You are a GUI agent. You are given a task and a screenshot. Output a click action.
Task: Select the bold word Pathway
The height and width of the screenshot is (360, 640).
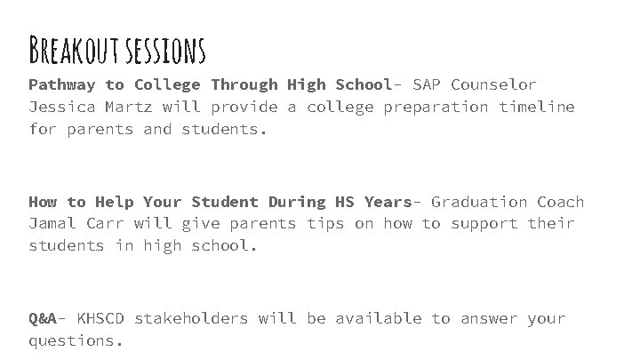(62, 85)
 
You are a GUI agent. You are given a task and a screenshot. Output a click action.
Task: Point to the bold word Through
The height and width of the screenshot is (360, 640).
(244, 85)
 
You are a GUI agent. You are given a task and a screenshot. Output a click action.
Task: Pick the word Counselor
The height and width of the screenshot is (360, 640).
(493, 85)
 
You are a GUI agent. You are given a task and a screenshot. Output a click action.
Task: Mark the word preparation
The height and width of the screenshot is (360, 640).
(436, 108)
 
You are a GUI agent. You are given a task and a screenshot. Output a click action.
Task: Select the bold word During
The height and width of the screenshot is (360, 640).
(296, 202)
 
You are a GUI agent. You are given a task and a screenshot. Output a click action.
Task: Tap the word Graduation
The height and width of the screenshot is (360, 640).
(474, 202)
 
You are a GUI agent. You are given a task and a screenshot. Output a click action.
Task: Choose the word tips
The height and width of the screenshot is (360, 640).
(325, 224)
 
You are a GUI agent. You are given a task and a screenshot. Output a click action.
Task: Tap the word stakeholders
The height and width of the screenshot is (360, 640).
(191, 318)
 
